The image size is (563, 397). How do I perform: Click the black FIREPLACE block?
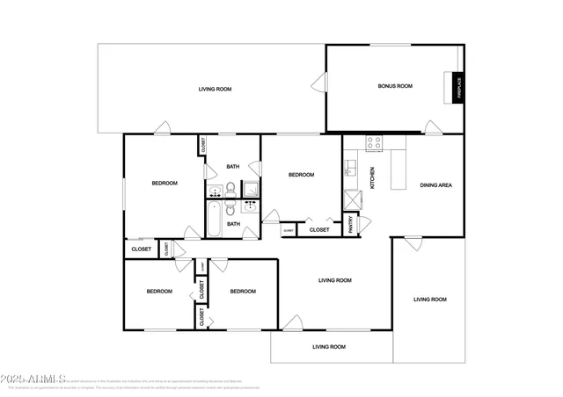[x=457, y=87]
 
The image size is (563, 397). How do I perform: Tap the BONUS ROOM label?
[x=395, y=86]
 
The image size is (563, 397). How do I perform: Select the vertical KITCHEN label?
[x=372, y=177]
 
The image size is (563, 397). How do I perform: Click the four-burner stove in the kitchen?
[x=373, y=141]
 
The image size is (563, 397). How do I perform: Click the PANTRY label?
[x=353, y=226]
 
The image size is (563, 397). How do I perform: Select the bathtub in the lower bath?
[x=214, y=217]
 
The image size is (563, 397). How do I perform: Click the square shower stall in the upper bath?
[x=251, y=188]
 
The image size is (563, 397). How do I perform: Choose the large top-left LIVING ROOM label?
[x=215, y=90]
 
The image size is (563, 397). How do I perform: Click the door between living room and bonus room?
[x=318, y=84]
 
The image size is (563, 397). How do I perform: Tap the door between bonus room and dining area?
[x=431, y=128]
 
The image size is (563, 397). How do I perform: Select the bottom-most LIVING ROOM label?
[x=329, y=347]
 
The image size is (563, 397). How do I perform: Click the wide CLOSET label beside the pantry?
[x=318, y=229]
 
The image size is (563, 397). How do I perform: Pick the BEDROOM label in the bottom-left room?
[x=158, y=291]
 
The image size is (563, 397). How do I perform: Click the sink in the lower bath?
[x=249, y=207]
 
